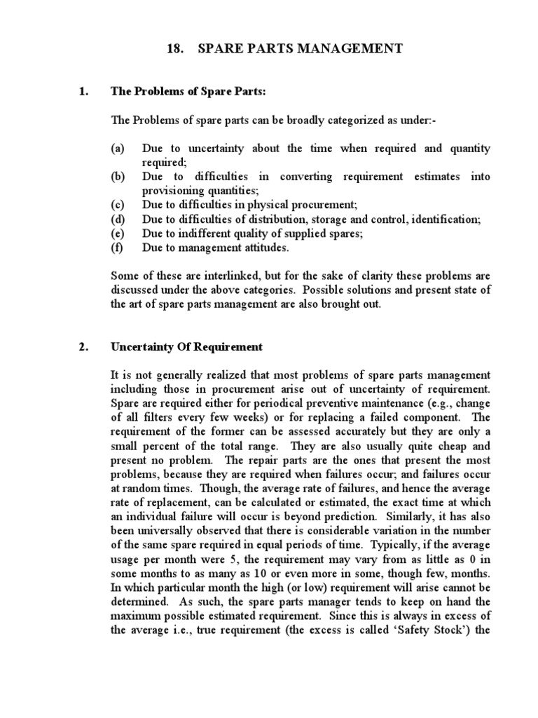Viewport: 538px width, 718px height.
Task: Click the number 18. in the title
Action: click(x=177, y=48)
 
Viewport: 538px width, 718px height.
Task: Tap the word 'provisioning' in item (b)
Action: click(x=171, y=191)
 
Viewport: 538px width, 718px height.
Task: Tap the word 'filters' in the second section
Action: click(x=160, y=418)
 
